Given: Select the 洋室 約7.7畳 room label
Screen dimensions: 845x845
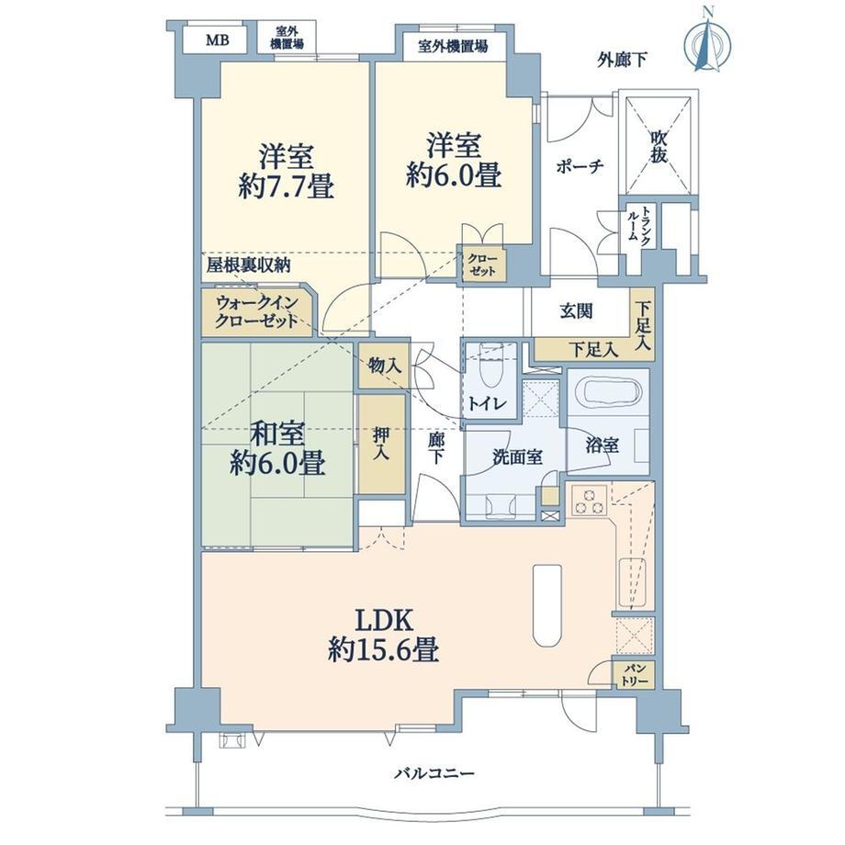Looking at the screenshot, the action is [x=287, y=171].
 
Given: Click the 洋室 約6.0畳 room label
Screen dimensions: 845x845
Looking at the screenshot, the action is [x=454, y=160].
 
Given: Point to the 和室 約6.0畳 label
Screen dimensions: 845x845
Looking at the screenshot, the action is [x=277, y=448].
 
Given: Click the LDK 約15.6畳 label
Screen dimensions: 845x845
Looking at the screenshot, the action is [x=383, y=635].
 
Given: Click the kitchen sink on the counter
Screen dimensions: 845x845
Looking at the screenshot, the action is [x=632, y=583].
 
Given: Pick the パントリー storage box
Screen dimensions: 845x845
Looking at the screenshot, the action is [x=634, y=675].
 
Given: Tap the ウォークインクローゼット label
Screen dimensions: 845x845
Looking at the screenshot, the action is [x=256, y=311].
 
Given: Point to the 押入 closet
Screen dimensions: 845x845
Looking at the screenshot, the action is [x=381, y=444].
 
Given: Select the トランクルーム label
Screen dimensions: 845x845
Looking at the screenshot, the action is [x=639, y=227].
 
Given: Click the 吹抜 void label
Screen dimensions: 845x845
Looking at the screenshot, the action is [x=659, y=146].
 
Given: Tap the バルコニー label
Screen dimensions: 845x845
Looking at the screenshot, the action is [x=434, y=774].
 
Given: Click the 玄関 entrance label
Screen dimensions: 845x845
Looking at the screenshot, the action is [x=576, y=311].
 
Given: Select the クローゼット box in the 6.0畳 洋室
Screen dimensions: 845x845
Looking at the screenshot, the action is [x=483, y=264].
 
